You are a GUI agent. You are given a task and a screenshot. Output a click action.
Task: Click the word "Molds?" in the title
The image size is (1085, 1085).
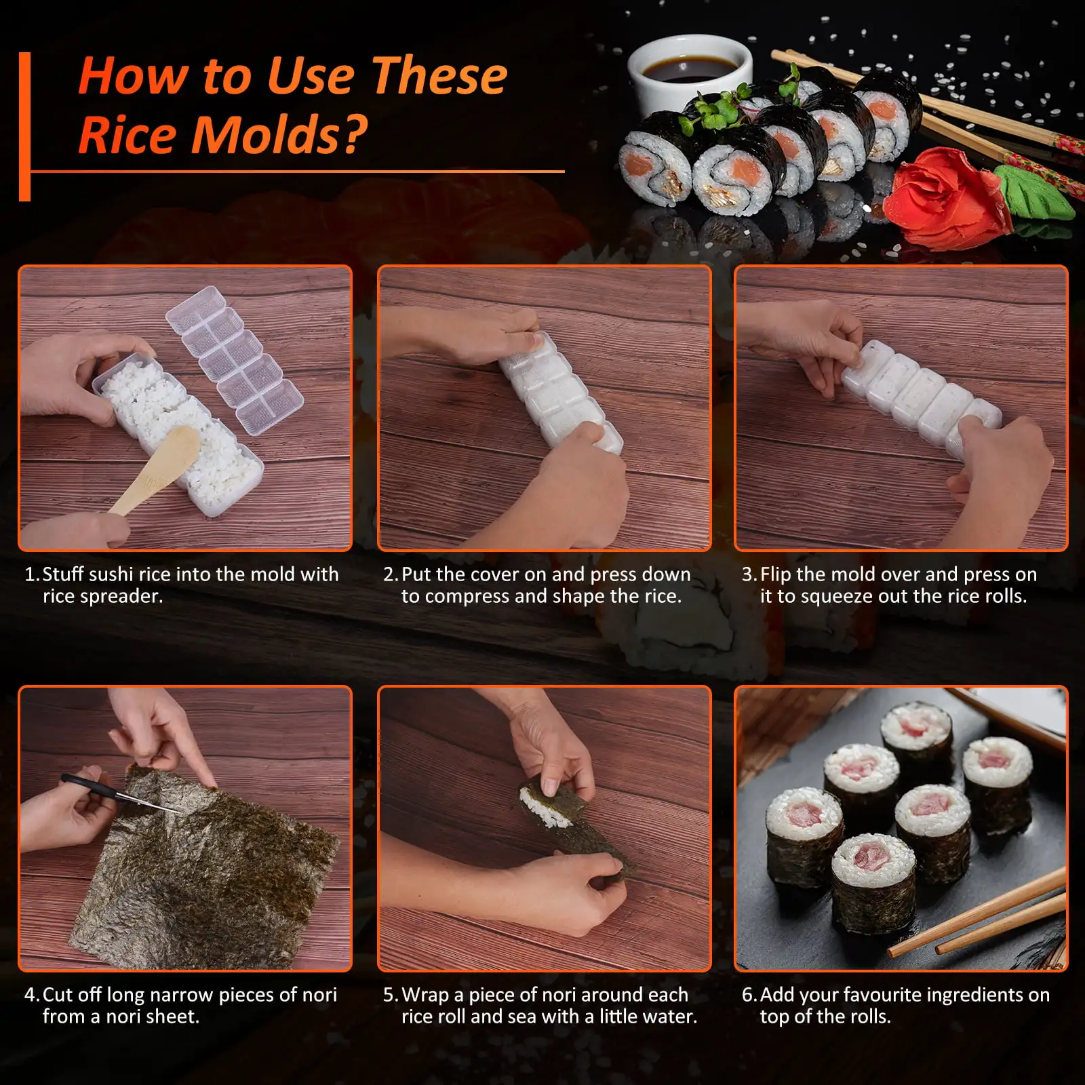click(279, 134)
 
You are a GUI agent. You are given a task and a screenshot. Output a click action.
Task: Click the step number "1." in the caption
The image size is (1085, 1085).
click(32, 574)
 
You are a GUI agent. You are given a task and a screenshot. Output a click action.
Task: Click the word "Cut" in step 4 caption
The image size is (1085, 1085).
click(57, 995)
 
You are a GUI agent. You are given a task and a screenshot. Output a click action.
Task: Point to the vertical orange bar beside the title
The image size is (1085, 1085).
click(25, 127)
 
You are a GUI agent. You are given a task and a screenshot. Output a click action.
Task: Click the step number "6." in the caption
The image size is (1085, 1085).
click(749, 995)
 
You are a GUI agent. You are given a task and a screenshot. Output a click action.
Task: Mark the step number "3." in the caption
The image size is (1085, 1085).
click(749, 574)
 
